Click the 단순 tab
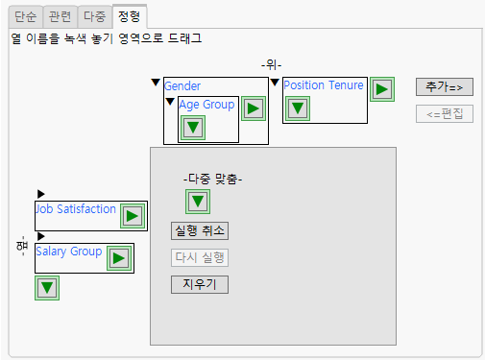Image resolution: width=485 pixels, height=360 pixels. (25, 16)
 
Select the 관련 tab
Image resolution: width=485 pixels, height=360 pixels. (60, 16)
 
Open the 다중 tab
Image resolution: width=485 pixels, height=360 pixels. (94, 16)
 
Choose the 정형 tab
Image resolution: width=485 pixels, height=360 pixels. (129, 16)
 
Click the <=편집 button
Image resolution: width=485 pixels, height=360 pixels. (445, 114)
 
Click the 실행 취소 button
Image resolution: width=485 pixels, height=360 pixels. (200, 230)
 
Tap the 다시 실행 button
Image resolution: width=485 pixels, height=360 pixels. (200, 257)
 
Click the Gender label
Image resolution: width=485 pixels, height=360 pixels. (182, 86)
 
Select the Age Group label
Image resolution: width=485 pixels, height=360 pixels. (206, 105)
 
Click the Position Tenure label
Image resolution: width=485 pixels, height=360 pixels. (324, 85)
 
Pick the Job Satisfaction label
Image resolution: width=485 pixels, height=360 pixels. (76, 208)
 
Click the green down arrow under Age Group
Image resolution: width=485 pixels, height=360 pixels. (193, 128)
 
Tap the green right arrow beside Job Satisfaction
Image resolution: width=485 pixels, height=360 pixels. (132, 216)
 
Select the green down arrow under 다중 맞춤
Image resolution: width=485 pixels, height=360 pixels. (198, 201)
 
